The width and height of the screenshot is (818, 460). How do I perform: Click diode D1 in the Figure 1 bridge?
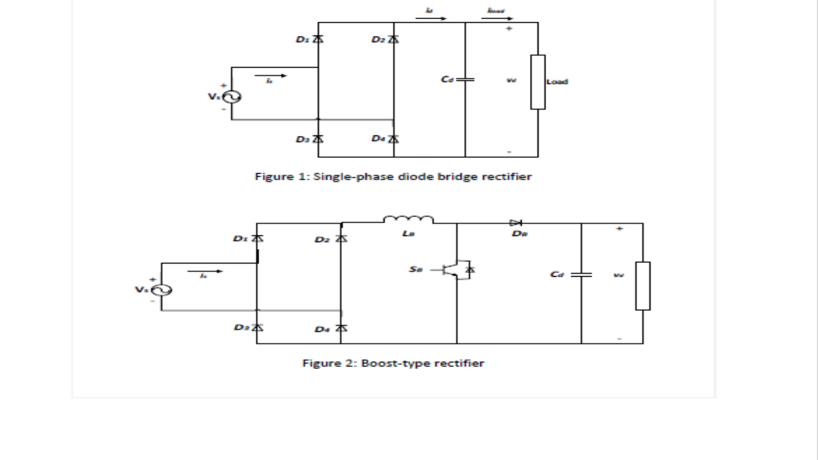[319, 40]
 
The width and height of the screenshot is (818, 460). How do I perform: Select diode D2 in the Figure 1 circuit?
[393, 40]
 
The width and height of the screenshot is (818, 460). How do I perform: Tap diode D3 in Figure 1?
[319, 139]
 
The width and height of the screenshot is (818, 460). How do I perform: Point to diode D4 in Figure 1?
[393, 139]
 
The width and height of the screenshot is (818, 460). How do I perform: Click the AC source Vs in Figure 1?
[232, 97]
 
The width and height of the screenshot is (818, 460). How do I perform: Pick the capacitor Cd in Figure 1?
[465, 79]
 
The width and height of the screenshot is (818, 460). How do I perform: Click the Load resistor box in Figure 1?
[538, 82]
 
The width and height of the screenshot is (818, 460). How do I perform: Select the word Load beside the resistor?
[557, 81]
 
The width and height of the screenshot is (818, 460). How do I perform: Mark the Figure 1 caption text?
[393, 177]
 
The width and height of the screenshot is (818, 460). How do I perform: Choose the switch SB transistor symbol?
[458, 270]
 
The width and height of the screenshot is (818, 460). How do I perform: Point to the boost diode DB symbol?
[516, 223]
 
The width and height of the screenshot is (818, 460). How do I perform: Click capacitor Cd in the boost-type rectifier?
[581, 274]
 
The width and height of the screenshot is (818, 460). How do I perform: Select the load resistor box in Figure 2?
[643, 286]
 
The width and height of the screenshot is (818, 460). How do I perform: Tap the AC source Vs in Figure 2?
[161, 290]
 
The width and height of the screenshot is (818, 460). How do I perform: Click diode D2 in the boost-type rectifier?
[341, 239]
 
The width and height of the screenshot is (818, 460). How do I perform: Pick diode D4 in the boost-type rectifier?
[341, 328]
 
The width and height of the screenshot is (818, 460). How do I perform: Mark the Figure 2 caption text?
[393, 363]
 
